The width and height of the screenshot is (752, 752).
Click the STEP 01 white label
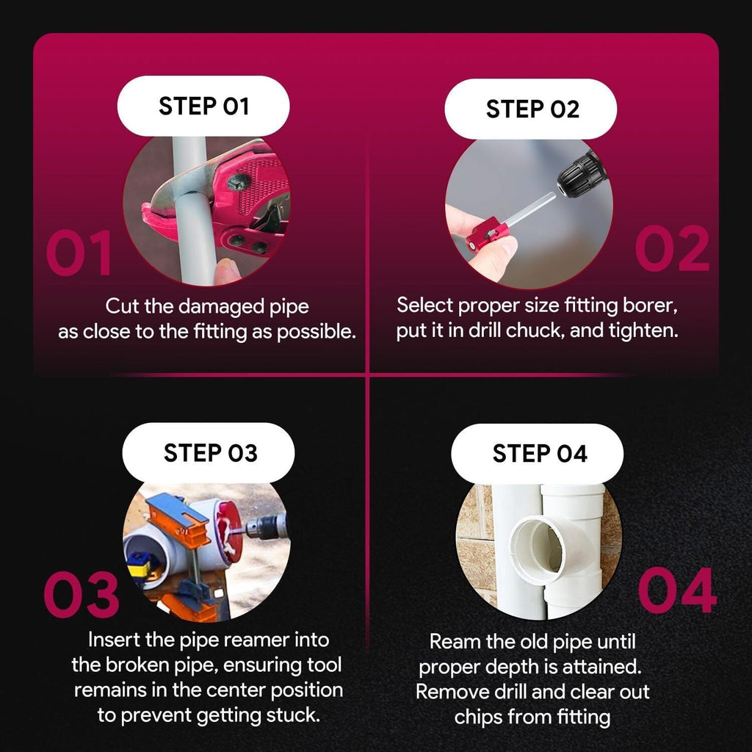tap(203, 106)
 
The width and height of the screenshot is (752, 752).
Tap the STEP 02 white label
tap(531, 109)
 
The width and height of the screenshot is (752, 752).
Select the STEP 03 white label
tap(209, 452)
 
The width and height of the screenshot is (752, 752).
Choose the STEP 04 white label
tap(538, 454)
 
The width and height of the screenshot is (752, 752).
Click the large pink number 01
tap(79, 253)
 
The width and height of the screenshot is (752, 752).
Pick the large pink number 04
tap(678, 590)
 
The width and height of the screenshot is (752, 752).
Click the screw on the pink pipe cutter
tap(239, 183)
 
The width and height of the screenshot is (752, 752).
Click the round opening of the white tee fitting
tap(540, 549)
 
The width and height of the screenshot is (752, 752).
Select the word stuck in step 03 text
tap(293, 715)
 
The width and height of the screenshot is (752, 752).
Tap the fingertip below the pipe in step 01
tap(225, 270)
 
